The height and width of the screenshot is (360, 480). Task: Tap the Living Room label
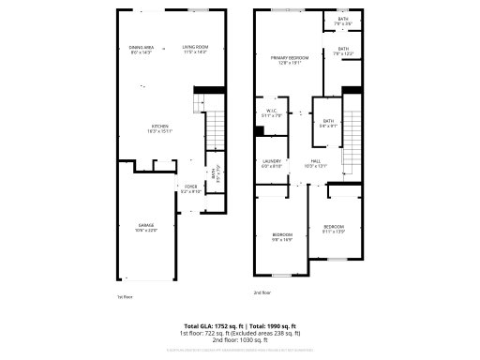coord(194,49)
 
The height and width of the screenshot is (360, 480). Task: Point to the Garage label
coord(146,227)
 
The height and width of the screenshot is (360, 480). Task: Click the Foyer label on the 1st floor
coord(190,187)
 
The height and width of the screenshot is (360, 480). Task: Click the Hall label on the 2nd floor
coord(317,163)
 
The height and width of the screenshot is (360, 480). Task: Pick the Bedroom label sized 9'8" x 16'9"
coord(282,236)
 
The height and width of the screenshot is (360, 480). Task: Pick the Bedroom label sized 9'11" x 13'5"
coord(334,227)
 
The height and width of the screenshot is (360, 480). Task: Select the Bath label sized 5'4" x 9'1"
coord(328,122)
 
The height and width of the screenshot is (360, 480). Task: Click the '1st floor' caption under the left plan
coord(124,296)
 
